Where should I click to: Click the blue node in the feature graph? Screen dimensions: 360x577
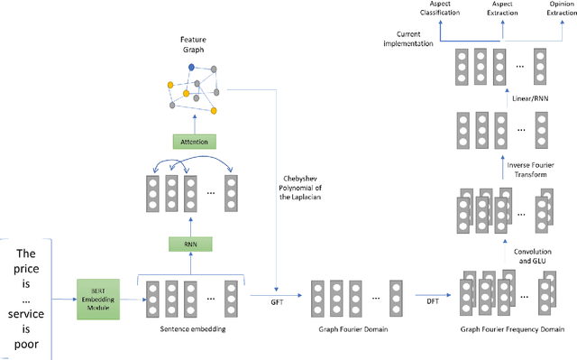[192, 68]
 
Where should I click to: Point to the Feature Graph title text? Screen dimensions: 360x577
[192, 45]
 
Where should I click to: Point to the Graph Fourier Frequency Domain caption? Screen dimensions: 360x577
[506, 330]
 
